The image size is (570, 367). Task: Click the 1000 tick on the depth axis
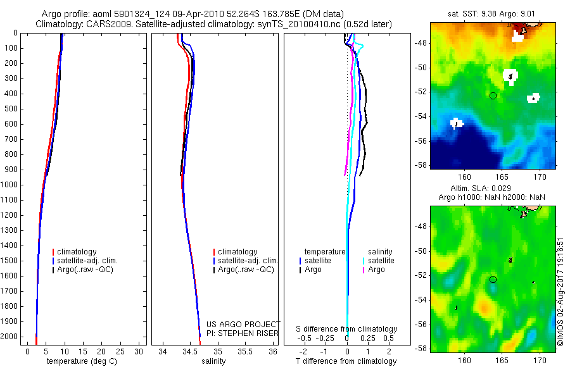click(11, 185)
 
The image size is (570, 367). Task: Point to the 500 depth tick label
click(11, 109)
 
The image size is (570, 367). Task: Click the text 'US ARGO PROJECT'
click(243, 324)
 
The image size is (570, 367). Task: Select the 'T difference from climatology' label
click(346, 361)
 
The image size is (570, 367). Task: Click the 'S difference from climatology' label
click(346, 329)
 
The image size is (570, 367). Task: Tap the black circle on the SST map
click(493, 96)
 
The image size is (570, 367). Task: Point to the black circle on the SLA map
click(493, 279)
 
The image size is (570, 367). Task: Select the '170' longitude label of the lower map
click(540, 360)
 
